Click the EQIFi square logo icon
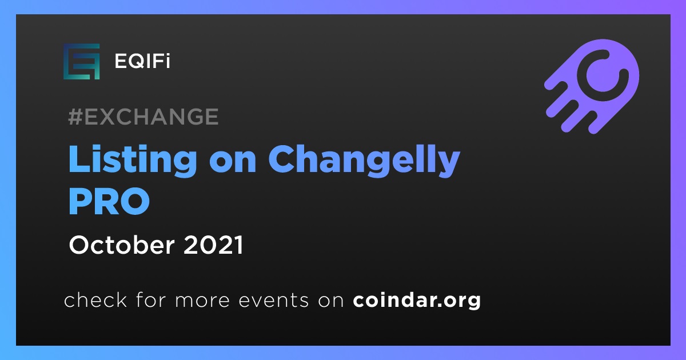(81, 62)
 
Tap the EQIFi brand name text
(142, 61)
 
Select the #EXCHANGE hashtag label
(143, 117)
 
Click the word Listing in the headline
(133, 159)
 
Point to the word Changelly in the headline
(364, 159)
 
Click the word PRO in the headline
(109, 201)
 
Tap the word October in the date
(122, 245)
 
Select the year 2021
(213, 245)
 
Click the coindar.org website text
(417, 301)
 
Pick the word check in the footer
(95, 299)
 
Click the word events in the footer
(274, 301)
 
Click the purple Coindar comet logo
(592, 86)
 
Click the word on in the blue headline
(233, 162)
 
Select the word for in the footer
(151, 299)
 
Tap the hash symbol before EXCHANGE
(75, 117)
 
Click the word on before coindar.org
(331, 301)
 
